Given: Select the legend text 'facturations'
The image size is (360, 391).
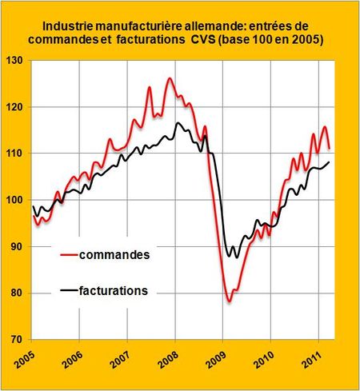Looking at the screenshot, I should pyautogui.click(x=118, y=291).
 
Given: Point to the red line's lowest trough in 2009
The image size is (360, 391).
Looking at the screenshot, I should pyautogui.click(x=228, y=301).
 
